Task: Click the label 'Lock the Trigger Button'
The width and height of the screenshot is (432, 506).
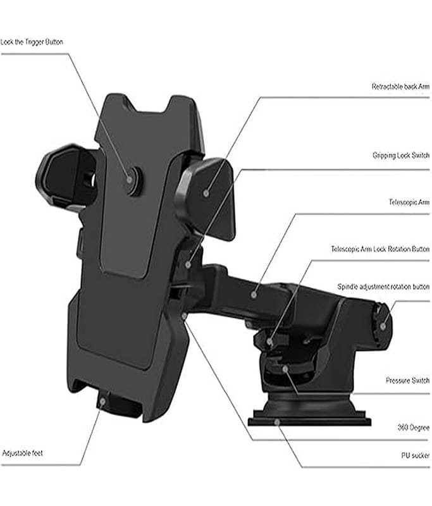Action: [32, 42]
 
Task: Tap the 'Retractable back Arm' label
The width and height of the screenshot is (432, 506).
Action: [400, 86]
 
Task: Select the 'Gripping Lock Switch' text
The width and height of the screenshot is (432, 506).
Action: [400, 156]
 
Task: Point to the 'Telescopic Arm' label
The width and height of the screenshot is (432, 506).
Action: [409, 203]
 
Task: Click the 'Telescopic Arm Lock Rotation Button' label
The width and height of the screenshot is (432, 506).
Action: [380, 249]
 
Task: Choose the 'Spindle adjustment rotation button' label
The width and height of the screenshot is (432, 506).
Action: [383, 287]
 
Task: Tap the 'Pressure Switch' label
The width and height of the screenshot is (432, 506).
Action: [407, 381]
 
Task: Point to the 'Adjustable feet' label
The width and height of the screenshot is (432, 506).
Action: [23, 454]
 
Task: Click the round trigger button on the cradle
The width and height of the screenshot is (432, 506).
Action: [132, 180]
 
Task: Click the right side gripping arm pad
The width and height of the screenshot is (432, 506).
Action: [206, 193]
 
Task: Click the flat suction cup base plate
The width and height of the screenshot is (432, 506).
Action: [309, 418]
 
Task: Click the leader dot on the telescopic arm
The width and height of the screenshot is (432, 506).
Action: [254, 294]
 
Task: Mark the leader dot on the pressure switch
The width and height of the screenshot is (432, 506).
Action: [285, 368]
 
